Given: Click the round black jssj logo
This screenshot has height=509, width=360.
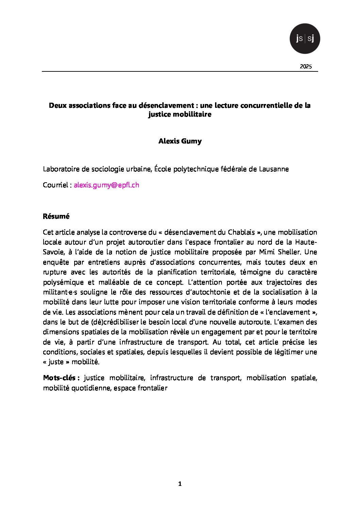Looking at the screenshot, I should (305, 38).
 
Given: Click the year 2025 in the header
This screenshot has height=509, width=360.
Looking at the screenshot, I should (306, 67).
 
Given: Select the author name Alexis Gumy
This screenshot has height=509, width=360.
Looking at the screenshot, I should (180, 141).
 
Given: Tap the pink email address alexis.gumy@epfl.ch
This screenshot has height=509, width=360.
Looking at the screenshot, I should (107, 185).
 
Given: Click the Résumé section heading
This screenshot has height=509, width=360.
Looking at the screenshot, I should (56, 216).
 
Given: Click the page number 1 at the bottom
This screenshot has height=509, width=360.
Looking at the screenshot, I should (180, 484).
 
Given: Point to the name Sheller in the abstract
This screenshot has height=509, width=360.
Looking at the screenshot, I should (291, 252).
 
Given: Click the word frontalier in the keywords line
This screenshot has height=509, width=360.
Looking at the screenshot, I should (152, 388).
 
